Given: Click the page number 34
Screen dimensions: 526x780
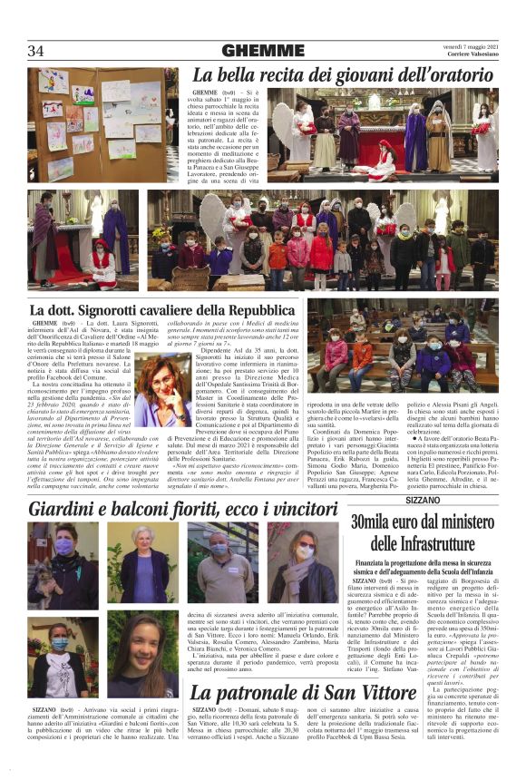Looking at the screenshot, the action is coord(36,51).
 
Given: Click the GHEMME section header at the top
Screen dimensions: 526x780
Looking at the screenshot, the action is coord(250,51).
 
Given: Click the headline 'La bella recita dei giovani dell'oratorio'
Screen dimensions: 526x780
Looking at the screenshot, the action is coord(345,74).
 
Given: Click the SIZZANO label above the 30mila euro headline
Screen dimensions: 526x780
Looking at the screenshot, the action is coord(422,500).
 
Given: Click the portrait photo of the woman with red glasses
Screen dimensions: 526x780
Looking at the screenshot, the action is coord(162,391).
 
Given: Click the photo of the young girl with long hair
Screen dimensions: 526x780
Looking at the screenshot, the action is coord(142,654).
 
